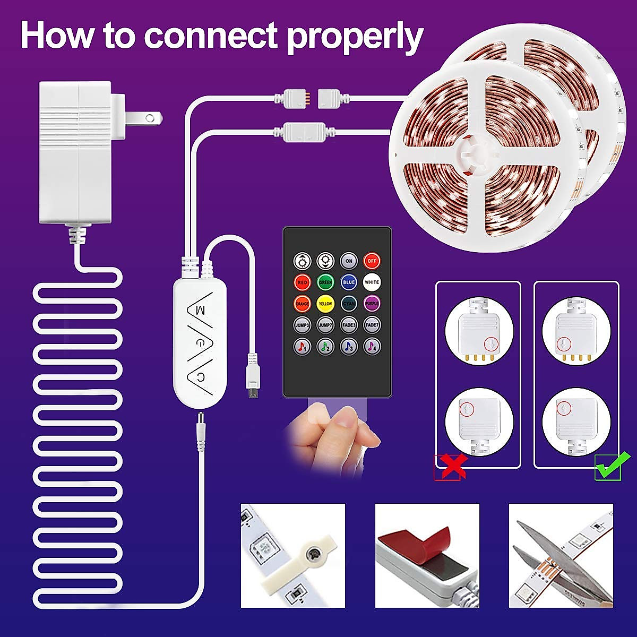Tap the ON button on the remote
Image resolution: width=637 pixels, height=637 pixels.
(348, 261)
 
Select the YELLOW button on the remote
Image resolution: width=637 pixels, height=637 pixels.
(325, 304)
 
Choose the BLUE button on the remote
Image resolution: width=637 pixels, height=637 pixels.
(348, 282)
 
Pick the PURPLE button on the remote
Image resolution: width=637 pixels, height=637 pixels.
(372, 304)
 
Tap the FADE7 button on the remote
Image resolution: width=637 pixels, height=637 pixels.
(372, 325)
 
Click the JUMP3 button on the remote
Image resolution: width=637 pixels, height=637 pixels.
(302, 325)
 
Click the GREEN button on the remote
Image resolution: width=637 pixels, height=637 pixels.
(325, 282)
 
